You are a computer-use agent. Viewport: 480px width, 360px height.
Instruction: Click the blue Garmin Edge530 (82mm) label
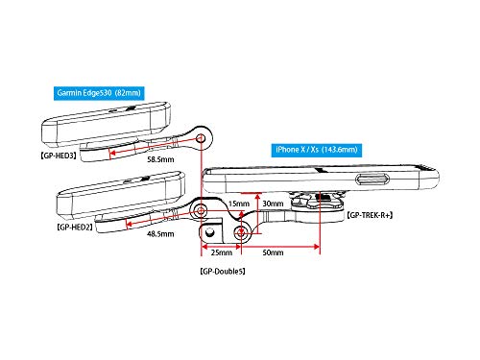pyautogui.click(x=99, y=93)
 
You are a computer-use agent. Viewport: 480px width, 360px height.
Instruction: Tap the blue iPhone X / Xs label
pyautogui.click(x=317, y=150)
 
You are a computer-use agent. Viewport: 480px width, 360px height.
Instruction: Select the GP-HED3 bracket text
pyautogui.click(x=59, y=156)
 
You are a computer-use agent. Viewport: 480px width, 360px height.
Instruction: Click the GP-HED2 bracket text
pyautogui.click(x=75, y=228)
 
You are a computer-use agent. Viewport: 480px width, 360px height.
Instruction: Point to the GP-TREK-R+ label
pyautogui.click(x=370, y=215)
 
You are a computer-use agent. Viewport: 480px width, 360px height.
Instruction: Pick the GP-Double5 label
pyautogui.click(x=223, y=272)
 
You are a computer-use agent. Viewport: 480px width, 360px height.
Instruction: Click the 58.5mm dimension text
pyautogui.click(x=160, y=159)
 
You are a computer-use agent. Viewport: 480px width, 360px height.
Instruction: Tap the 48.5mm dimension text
pyautogui.click(x=160, y=234)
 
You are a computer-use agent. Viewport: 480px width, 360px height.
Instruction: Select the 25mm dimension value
pyautogui.click(x=222, y=252)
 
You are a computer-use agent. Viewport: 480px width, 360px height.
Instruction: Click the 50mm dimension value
pyautogui.click(x=273, y=252)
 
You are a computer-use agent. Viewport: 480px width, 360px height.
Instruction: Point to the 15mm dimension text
pyautogui.click(x=239, y=204)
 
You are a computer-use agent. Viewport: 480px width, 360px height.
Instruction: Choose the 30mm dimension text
pyautogui.click(x=273, y=204)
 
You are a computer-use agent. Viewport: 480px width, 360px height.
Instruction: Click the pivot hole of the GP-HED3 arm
pyautogui.click(x=201, y=138)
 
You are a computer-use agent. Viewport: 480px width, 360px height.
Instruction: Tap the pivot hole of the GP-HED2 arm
pyautogui.click(x=201, y=211)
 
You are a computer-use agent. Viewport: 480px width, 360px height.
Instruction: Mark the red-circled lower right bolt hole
pyautogui.click(x=241, y=233)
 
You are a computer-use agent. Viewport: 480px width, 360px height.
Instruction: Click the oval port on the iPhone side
pyautogui.click(x=373, y=180)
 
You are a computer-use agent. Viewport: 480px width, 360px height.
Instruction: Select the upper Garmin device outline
pyautogui.click(x=107, y=124)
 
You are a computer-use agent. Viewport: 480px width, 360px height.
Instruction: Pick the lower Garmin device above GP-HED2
pyautogui.click(x=121, y=194)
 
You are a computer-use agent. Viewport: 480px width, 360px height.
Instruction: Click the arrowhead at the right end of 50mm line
pyautogui.click(x=317, y=247)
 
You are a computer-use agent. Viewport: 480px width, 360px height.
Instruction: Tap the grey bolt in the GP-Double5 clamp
pyautogui.click(x=209, y=232)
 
